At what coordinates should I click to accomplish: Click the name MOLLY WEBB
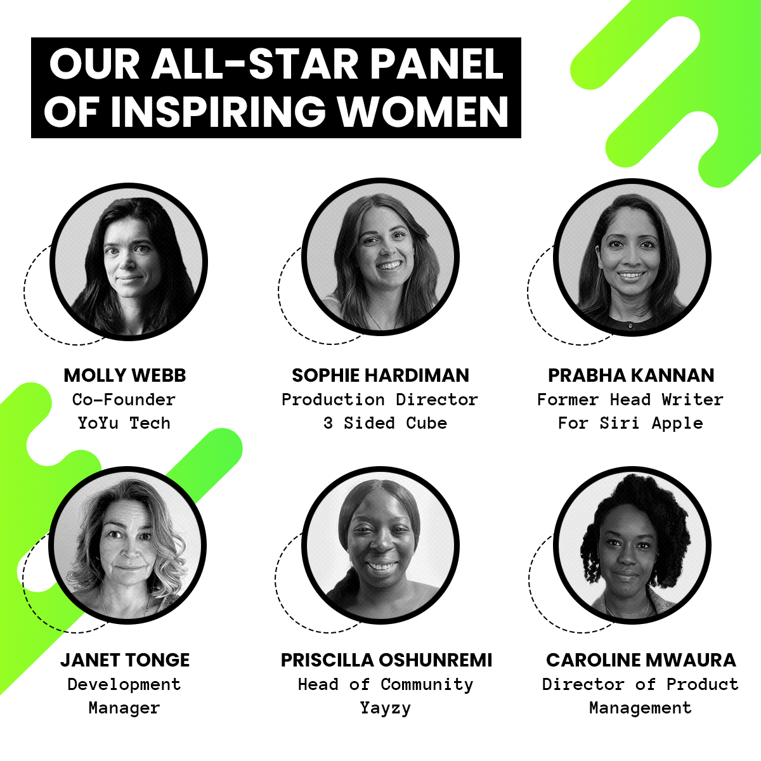click(125, 375)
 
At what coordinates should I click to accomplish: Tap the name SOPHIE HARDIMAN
click(380, 375)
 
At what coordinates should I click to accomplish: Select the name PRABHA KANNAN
click(631, 375)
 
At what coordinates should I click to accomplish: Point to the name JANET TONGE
click(125, 660)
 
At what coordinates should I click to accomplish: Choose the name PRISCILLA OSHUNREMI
click(386, 660)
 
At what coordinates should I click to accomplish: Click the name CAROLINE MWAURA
click(641, 660)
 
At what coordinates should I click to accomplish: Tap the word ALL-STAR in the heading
click(255, 64)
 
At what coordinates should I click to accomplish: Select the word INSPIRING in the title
click(218, 112)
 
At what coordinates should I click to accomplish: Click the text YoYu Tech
click(124, 424)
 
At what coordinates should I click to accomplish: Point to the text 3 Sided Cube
click(385, 424)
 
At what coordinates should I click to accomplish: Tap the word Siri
click(619, 424)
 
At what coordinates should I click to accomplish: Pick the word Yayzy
click(386, 708)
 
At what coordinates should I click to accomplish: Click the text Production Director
click(379, 400)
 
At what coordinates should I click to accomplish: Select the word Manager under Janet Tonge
click(124, 708)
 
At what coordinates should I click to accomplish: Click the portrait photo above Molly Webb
click(128, 261)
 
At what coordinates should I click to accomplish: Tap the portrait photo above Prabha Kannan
click(632, 257)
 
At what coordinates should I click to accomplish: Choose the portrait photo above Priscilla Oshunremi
click(380, 545)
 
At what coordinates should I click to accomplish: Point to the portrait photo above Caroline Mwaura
click(632, 545)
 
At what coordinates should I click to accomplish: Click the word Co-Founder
click(124, 400)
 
